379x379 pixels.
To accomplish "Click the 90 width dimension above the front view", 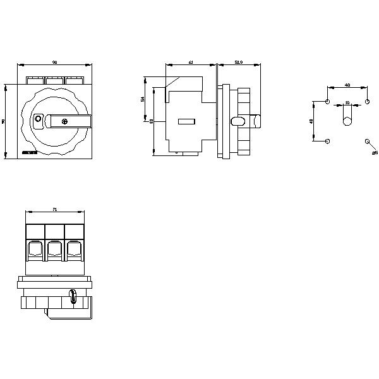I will pos(54,63).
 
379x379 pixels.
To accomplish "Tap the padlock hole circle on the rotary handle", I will pos(37,118).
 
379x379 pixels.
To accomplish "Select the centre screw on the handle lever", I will pos(65,120).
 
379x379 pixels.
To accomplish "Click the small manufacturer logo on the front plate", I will pos(28,152).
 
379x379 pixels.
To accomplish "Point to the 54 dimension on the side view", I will pos(143,99).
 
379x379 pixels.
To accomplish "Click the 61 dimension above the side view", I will pos(191,63).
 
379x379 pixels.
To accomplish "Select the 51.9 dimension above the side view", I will pos(238,63).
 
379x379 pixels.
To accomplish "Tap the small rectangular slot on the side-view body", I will pos(186,121).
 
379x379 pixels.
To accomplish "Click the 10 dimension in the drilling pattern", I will pos(347,102).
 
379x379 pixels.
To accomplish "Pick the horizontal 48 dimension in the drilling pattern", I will pos(347,85).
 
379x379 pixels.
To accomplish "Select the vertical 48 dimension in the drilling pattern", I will pos(311,121).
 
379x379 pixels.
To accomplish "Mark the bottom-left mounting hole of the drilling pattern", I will pos(327,141).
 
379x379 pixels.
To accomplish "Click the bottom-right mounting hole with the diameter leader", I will pos(367,141).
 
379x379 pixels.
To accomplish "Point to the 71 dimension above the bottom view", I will pos(55,209).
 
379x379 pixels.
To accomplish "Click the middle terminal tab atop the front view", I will pos(54,80).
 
